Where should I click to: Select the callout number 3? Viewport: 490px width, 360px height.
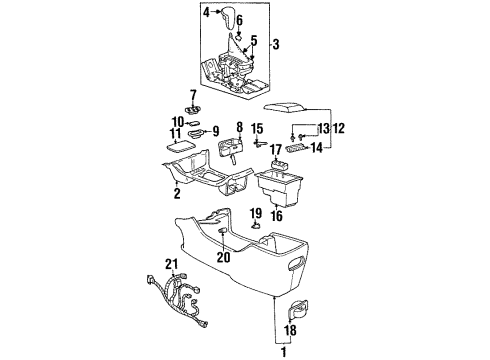point(276,43)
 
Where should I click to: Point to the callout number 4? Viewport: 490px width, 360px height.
point(206,13)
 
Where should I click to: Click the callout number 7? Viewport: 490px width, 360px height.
point(194,95)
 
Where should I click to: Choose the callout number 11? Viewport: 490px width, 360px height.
point(174,132)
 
